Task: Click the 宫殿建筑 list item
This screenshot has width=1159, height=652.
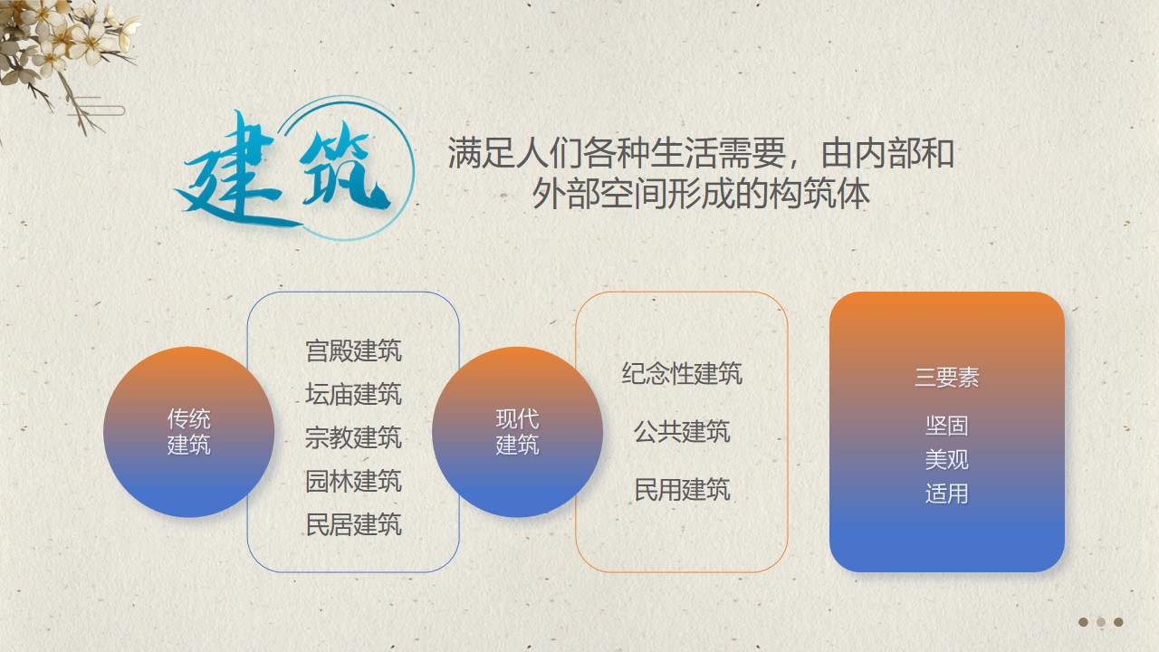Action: coord(353,350)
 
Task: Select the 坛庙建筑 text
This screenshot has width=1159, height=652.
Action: coord(353,394)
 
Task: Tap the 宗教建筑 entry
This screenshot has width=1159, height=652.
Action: coord(353,437)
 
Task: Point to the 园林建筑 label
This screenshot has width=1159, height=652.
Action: coord(353,481)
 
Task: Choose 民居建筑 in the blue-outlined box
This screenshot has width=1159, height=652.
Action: coord(353,524)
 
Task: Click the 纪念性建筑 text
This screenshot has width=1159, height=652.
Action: coord(682,374)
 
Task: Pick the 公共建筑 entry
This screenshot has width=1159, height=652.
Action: coord(682,432)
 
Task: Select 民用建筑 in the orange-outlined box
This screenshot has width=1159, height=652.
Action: coord(682,490)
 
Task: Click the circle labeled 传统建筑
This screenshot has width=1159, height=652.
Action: coord(189,432)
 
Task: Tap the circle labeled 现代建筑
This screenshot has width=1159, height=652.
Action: coord(517,432)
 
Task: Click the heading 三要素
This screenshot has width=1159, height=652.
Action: coord(947,378)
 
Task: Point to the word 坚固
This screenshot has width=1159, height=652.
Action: coord(947,426)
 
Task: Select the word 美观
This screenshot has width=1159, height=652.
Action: coord(947,459)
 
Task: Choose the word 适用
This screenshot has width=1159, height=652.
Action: coord(947,494)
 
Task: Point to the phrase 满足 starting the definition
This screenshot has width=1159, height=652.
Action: coord(481,153)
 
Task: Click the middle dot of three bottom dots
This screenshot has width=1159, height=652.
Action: coord(1101,622)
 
